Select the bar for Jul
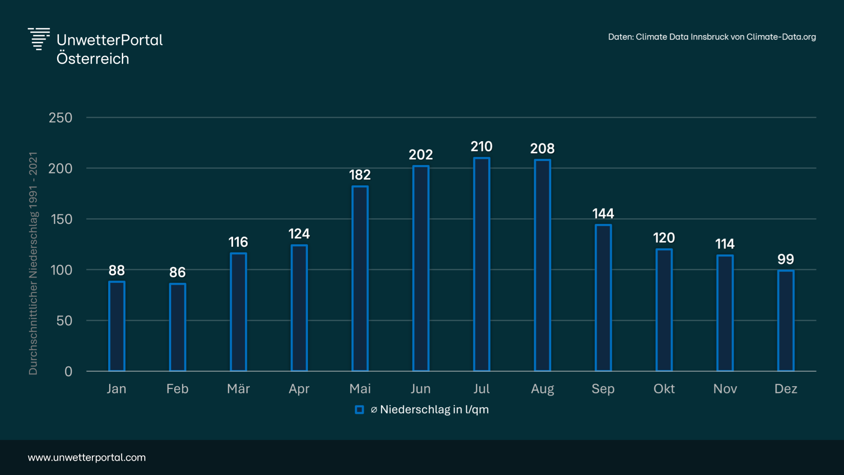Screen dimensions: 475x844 (x=482, y=264)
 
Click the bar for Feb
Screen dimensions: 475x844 (x=177, y=327)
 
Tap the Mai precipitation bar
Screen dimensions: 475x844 (x=360, y=278)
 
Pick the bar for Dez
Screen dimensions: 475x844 (x=786, y=321)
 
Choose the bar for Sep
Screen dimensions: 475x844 (x=603, y=298)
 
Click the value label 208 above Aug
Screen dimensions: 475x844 (x=542, y=149)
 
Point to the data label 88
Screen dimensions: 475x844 (x=117, y=270)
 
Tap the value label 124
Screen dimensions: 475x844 (x=299, y=234)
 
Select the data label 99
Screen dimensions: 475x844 (x=786, y=259)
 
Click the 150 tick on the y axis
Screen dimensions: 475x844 (x=62, y=219)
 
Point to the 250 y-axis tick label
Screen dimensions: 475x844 (x=61, y=118)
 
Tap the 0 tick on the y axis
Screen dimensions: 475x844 (x=68, y=372)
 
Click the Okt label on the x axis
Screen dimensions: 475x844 (x=664, y=389)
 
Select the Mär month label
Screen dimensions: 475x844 (x=238, y=389)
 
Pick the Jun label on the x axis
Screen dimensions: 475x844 (x=420, y=389)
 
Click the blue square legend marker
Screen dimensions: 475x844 (x=359, y=410)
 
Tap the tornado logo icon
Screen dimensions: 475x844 (x=39, y=39)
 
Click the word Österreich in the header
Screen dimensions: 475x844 (x=93, y=59)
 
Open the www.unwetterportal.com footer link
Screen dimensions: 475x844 (x=87, y=457)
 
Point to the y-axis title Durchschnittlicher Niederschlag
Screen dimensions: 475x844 (x=33, y=264)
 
